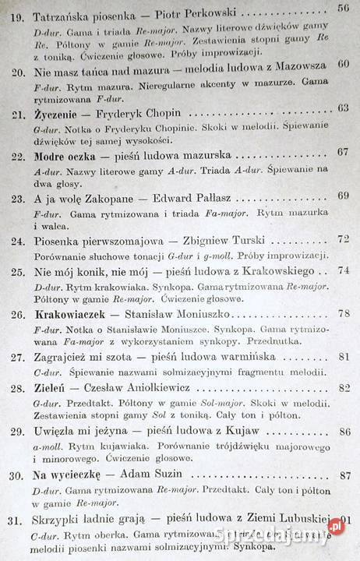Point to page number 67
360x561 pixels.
coord(344,151)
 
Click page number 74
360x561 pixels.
coord(344,270)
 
